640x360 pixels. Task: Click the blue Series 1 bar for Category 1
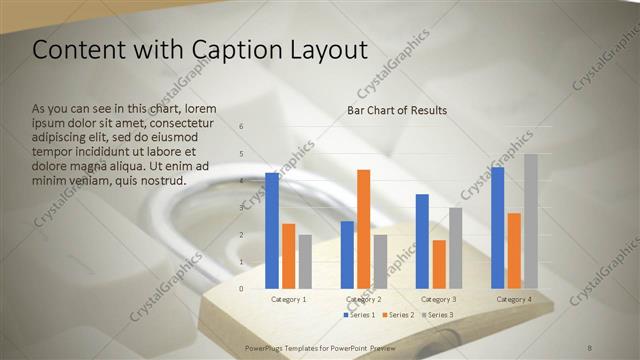[272, 231]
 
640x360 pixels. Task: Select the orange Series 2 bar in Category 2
[363, 229]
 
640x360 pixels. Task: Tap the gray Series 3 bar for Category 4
[531, 221]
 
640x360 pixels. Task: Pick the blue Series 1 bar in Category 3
[422, 241]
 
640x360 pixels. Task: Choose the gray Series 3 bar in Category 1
[305, 261]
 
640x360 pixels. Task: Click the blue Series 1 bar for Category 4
[497, 228]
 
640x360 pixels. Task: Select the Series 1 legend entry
[362, 315]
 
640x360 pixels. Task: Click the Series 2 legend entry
[400, 315]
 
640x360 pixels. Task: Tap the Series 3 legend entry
[439, 315]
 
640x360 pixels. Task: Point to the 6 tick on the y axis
[241, 126]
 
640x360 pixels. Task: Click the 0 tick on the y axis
[241, 289]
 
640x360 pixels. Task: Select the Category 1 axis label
[289, 299]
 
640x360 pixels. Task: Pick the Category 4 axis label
[514, 299]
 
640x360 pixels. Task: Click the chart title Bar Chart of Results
[397, 110]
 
